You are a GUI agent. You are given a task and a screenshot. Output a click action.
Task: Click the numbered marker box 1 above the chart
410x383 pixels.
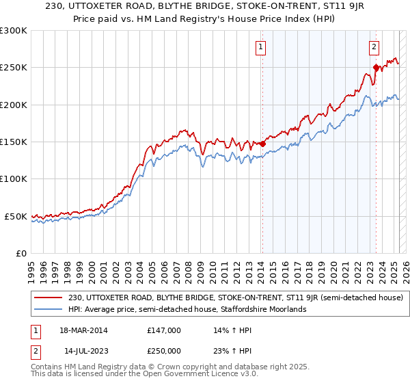pos(262,47)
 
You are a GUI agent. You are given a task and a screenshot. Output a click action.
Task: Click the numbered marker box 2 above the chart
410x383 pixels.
pos(374,47)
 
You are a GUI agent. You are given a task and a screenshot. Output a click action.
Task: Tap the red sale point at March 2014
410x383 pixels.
pos(262,144)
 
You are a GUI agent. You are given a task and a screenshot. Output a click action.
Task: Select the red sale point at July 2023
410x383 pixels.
pos(376,67)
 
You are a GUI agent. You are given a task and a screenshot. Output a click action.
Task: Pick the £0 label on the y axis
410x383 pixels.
pos(21,253)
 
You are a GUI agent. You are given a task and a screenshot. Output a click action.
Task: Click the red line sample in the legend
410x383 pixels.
pos(48,298)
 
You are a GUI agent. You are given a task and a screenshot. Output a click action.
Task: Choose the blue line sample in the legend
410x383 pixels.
pos(48,310)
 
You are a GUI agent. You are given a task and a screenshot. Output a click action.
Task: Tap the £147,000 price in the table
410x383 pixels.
pos(164,330)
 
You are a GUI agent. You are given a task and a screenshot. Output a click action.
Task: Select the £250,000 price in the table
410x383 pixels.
pos(164,350)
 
